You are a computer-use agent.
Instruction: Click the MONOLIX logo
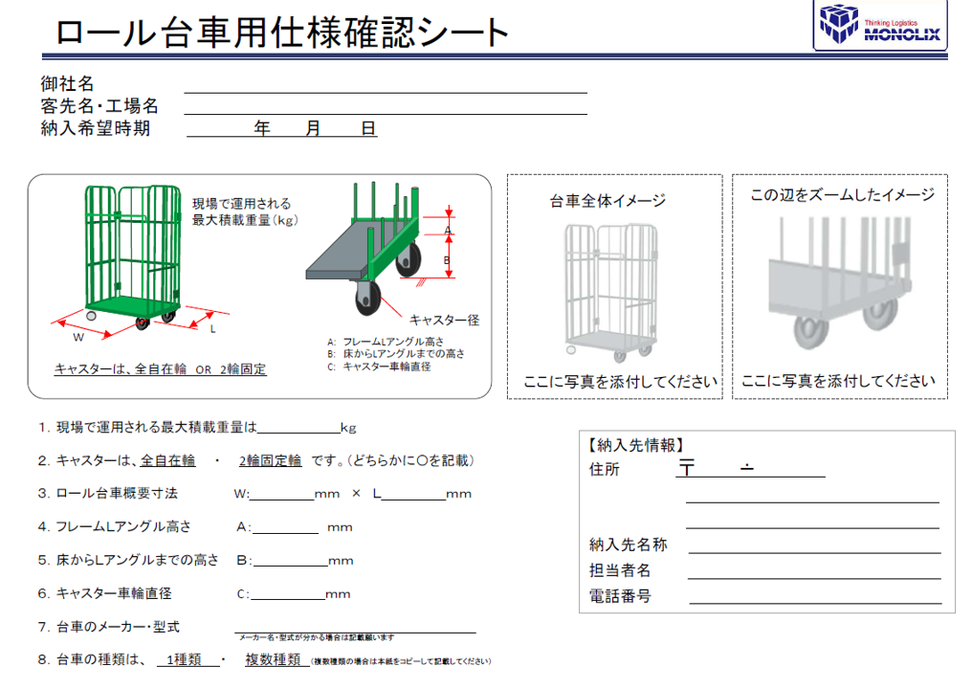click(880, 26)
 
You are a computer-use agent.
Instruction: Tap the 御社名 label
click(68, 84)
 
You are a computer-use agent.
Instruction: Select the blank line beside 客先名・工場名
click(385, 107)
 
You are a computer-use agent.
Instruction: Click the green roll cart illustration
click(132, 253)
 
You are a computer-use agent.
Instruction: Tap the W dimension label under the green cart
click(79, 336)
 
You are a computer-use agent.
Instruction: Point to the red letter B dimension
click(447, 258)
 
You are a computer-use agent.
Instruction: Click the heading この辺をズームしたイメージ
click(842, 195)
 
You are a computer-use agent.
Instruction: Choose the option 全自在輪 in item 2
click(167, 460)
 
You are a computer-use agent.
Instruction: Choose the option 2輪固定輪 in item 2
click(270, 460)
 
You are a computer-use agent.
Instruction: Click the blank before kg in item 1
click(298, 428)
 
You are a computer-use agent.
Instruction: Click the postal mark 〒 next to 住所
click(686, 469)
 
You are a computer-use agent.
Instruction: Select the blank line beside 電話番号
click(815, 597)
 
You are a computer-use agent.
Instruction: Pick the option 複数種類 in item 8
click(273, 659)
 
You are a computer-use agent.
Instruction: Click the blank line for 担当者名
click(815, 571)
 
